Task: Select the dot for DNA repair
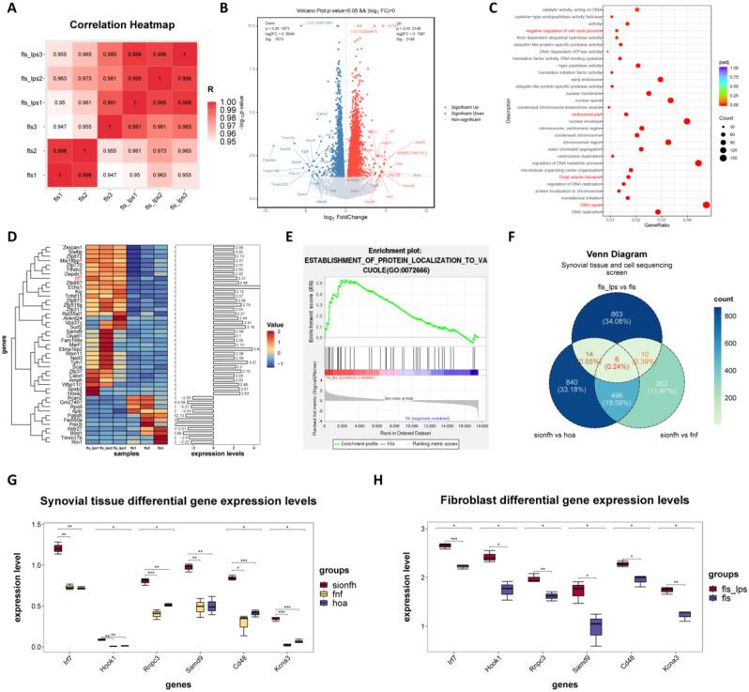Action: (706, 204)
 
